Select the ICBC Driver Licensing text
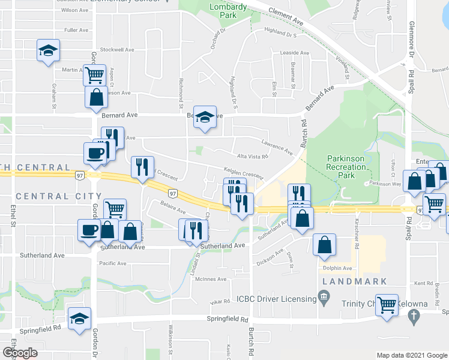click(x=276, y=299)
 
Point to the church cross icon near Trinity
click(x=413, y=315)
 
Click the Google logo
click(x=20, y=353)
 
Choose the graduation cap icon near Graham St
click(x=47, y=50)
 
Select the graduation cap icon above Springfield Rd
click(x=79, y=319)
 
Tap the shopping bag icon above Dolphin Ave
click(x=324, y=245)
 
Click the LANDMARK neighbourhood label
click(x=351, y=281)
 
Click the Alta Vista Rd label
click(x=252, y=156)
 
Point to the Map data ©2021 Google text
click(x=411, y=355)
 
